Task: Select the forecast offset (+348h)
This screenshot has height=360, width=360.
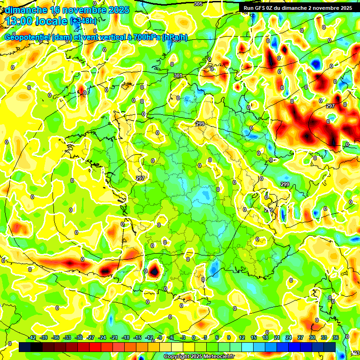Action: [84, 22]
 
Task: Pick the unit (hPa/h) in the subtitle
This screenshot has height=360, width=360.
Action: [174, 37]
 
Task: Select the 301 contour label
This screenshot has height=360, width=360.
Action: [178, 75]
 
